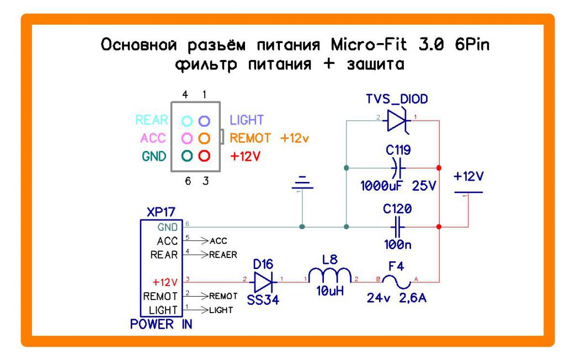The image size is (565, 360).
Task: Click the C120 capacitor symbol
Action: [x=396, y=227]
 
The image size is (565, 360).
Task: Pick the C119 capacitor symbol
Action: [x=397, y=167]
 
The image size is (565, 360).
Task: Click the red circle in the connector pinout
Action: [x=205, y=155]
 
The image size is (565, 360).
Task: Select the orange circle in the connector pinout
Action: [x=205, y=137]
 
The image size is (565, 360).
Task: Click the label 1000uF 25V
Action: [x=398, y=186]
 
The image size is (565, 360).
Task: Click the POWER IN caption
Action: [x=161, y=324]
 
